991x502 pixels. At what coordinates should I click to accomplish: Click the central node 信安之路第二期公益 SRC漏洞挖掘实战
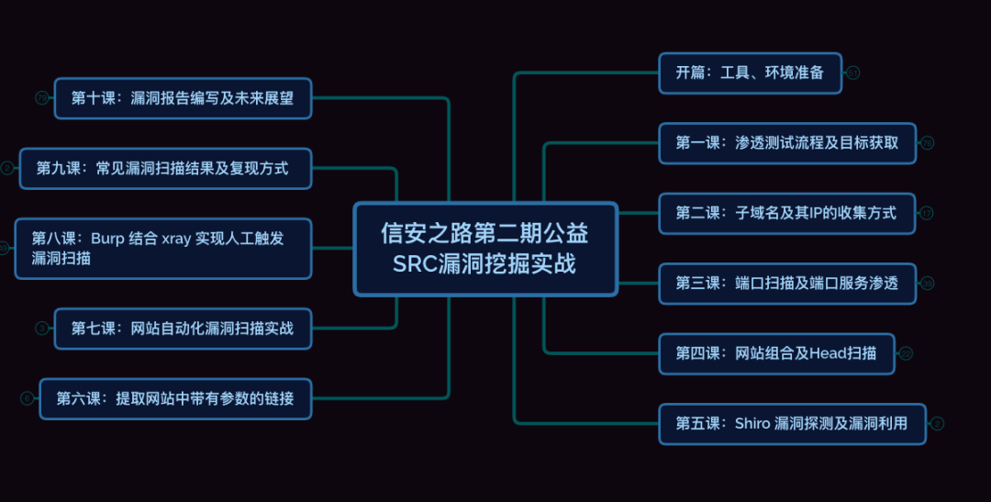pos(485,249)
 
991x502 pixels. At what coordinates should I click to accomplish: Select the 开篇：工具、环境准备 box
pos(750,73)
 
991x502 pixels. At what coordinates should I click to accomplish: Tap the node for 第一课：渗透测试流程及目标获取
pos(787,143)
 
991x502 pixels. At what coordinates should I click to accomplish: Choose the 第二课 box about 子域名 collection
pos(786,214)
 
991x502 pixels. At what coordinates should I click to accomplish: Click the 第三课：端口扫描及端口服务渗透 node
pos(787,284)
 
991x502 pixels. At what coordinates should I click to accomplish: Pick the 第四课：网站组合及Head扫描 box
pos(776,353)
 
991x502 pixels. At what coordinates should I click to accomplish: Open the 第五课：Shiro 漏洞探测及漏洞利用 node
pos(792,424)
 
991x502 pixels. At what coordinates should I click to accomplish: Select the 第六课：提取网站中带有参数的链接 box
pos(175,398)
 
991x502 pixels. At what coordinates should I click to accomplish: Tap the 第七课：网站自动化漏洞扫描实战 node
pos(183,329)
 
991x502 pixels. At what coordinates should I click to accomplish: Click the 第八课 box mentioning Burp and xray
pos(163,249)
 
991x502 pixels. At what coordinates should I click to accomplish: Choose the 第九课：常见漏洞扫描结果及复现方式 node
pos(165,169)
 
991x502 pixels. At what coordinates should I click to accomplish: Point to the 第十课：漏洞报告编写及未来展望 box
pos(183,98)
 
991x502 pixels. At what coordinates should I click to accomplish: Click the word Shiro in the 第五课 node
pos(752,424)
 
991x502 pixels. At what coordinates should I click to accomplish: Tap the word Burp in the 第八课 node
pos(108,239)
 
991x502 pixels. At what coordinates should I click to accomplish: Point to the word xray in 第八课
pos(175,239)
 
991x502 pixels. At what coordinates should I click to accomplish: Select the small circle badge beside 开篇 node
pos(852,73)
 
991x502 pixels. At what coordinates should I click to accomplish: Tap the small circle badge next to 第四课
pos(906,353)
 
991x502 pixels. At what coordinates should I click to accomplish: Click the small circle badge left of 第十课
pos(41,98)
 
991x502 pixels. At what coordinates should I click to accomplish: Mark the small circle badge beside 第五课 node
pos(937,424)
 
